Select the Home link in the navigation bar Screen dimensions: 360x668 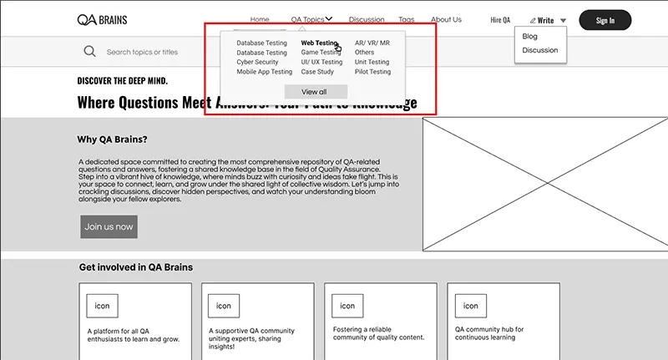[x=260, y=19]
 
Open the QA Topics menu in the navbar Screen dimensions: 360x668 [x=311, y=19]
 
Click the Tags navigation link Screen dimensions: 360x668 [x=406, y=19]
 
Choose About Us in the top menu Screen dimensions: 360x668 [x=446, y=19]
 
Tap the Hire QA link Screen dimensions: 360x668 [x=500, y=20]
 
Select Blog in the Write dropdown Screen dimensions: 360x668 [x=530, y=37]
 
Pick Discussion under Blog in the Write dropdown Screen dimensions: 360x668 [x=539, y=50]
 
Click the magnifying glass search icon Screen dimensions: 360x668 [x=89, y=52]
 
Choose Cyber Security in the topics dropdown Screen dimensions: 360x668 [x=257, y=62]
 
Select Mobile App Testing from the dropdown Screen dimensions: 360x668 [x=264, y=72]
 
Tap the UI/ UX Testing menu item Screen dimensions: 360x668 [x=321, y=62]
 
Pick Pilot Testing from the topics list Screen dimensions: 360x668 [x=372, y=72]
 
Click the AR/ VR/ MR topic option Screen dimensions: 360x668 [x=372, y=43]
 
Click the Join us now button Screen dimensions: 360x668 [x=109, y=226]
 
